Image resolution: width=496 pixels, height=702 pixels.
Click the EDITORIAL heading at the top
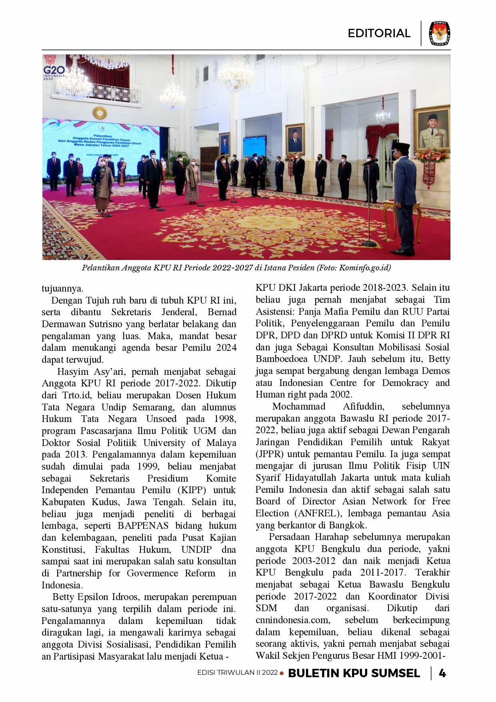[379, 33]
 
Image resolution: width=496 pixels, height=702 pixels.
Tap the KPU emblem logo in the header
[439, 33]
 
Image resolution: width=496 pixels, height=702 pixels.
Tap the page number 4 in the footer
[442, 673]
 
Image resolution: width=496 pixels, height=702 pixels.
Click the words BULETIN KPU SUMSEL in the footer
[354, 673]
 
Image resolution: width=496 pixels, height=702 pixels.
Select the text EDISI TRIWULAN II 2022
[237, 673]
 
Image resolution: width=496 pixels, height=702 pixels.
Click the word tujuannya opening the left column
[62, 288]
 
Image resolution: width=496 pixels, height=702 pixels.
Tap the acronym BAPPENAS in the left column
[143, 526]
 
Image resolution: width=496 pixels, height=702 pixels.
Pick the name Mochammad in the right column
[299, 406]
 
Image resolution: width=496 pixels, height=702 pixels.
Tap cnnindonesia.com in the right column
[293, 620]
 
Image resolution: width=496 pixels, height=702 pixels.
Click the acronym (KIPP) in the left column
[192, 490]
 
